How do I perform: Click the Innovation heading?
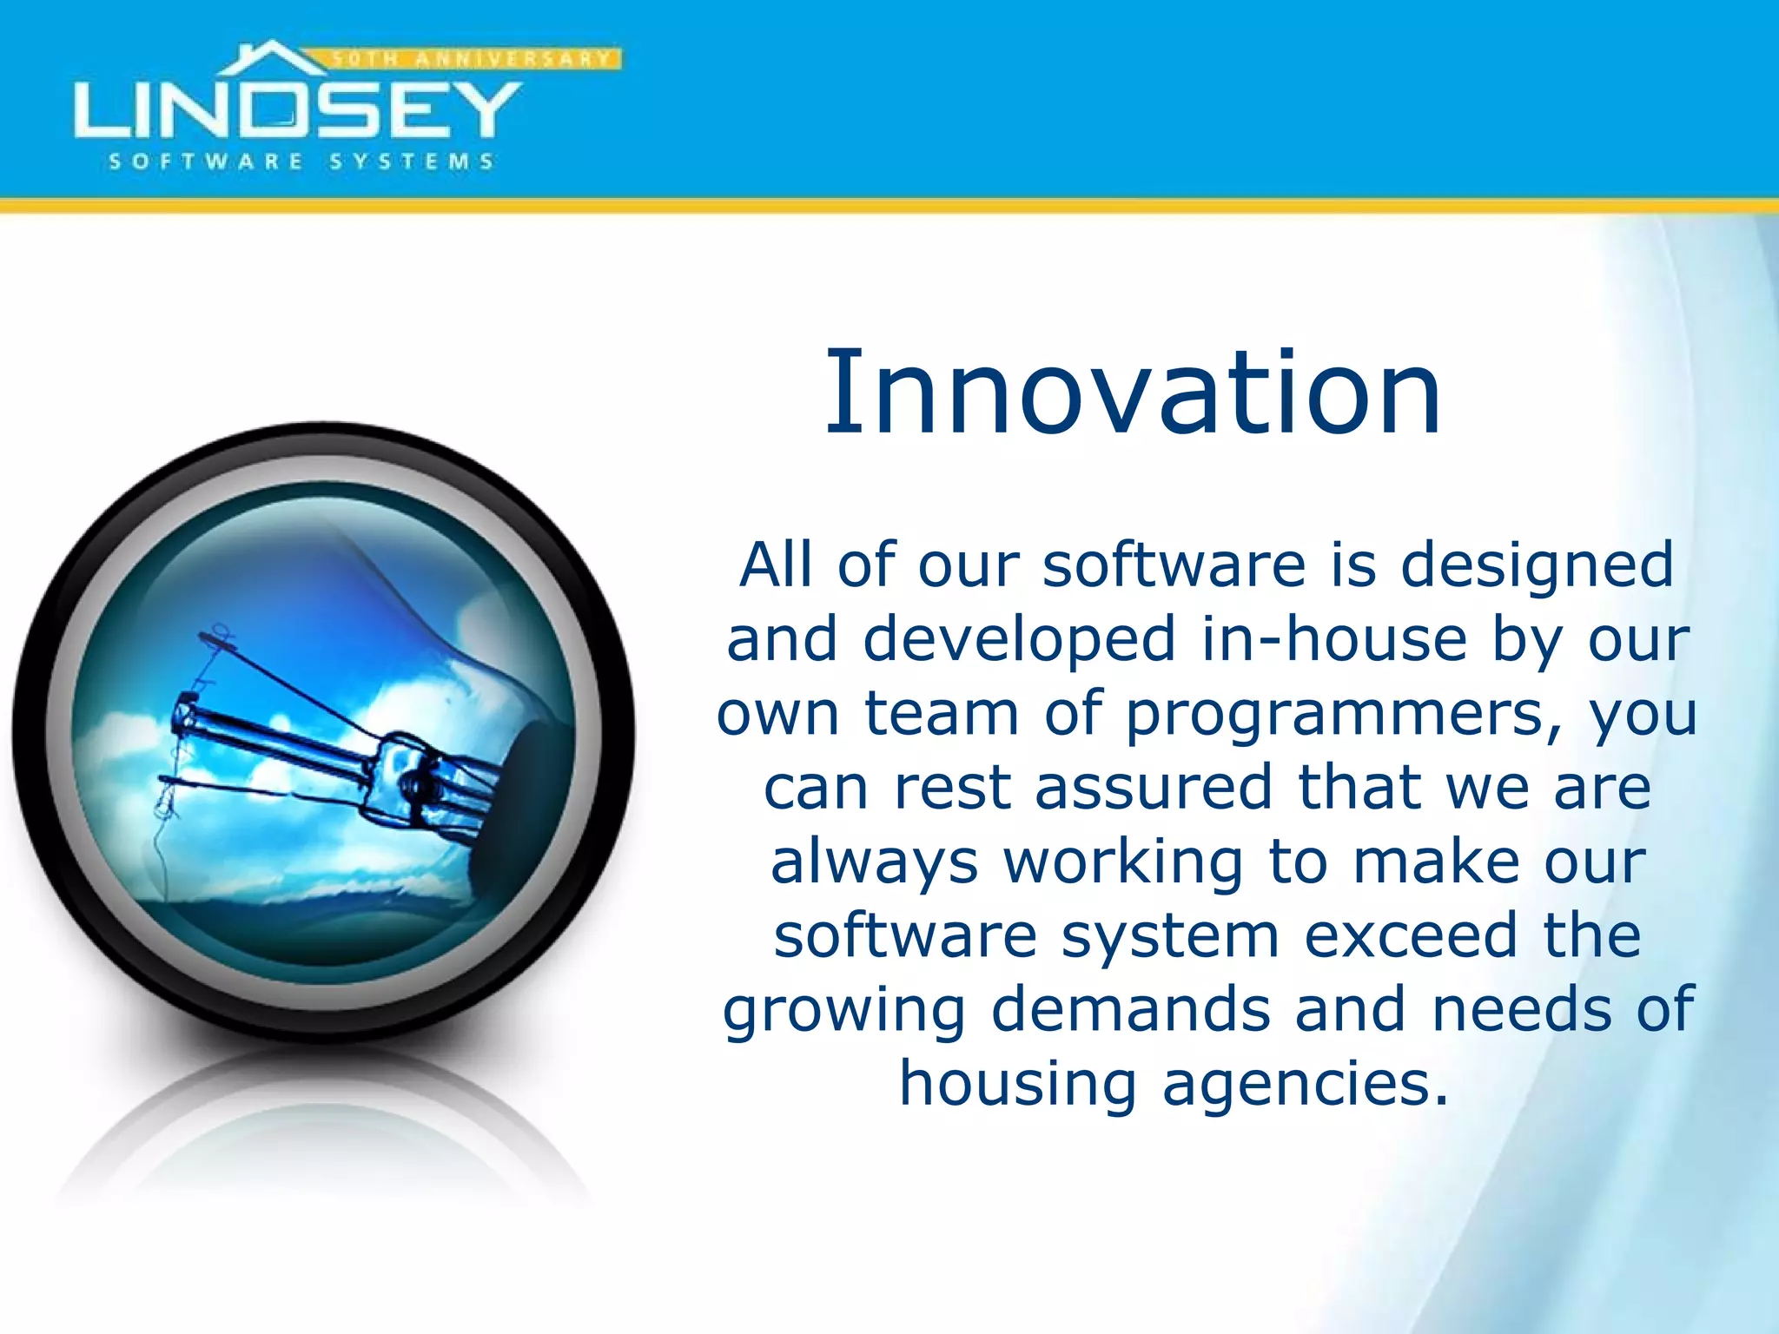pyautogui.click(x=1133, y=393)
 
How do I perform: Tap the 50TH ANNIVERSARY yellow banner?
pyautogui.click(x=473, y=59)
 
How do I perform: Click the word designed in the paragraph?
pyautogui.click(x=1537, y=566)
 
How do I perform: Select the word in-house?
pyautogui.click(x=1333, y=640)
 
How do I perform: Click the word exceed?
pyautogui.click(x=1411, y=936)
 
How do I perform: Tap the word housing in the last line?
pyautogui.click(x=1017, y=1086)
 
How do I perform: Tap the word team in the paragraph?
pyautogui.click(x=942, y=714)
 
